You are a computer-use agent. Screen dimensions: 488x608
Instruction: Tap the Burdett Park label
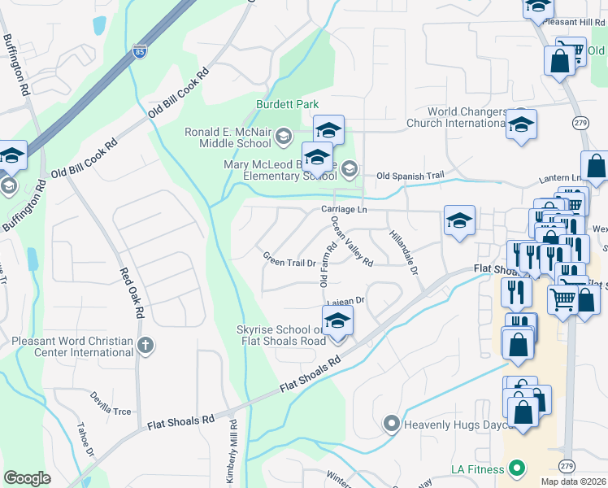pos(287,105)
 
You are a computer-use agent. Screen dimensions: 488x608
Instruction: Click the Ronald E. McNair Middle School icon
pos(283,133)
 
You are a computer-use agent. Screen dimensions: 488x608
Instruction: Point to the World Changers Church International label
pos(467,117)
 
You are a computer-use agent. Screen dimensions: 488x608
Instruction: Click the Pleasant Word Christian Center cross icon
pos(145,346)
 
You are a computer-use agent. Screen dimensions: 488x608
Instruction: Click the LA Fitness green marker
pos(515,468)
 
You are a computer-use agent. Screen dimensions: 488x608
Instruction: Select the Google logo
pos(27,478)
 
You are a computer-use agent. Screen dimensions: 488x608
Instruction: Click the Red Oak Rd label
pos(132,294)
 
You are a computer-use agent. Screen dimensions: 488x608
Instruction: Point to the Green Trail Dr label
pos(289,262)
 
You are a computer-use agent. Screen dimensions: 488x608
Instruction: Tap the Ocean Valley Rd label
pos(352,245)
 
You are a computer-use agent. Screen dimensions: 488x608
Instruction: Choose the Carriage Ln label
pos(345,210)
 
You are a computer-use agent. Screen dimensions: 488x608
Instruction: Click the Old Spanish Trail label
pos(411,176)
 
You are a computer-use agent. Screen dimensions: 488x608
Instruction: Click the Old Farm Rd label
pos(324,265)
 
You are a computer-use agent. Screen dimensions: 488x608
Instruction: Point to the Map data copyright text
pos(573,481)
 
